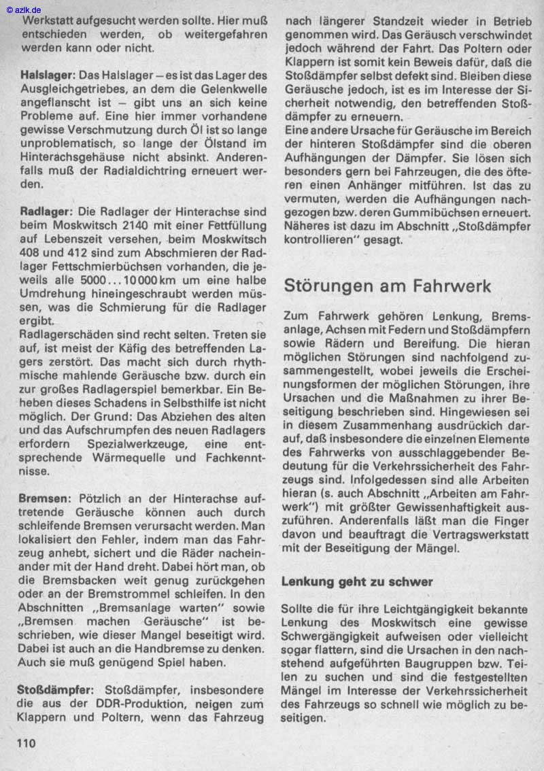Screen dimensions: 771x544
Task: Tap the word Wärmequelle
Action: point(130,458)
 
